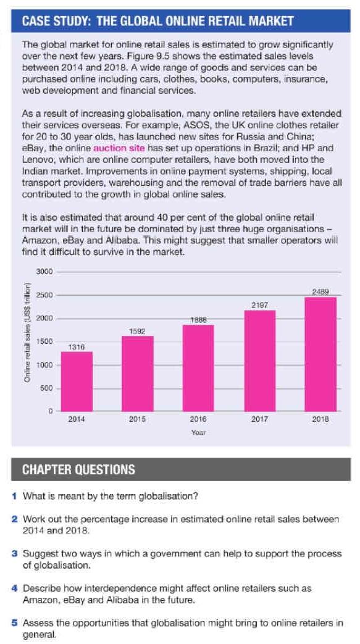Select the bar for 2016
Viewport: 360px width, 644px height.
[198, 367]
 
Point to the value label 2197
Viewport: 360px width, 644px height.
[259, 305]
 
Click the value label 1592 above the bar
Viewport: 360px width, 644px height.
[137, 332]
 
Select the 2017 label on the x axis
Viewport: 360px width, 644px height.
[259, 419]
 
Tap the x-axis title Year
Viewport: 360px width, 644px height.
[198, 433]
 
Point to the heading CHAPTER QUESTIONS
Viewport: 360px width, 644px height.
[78, 470]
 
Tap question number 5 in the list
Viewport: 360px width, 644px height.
[14, 623]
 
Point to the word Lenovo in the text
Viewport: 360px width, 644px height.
[37, 158]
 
